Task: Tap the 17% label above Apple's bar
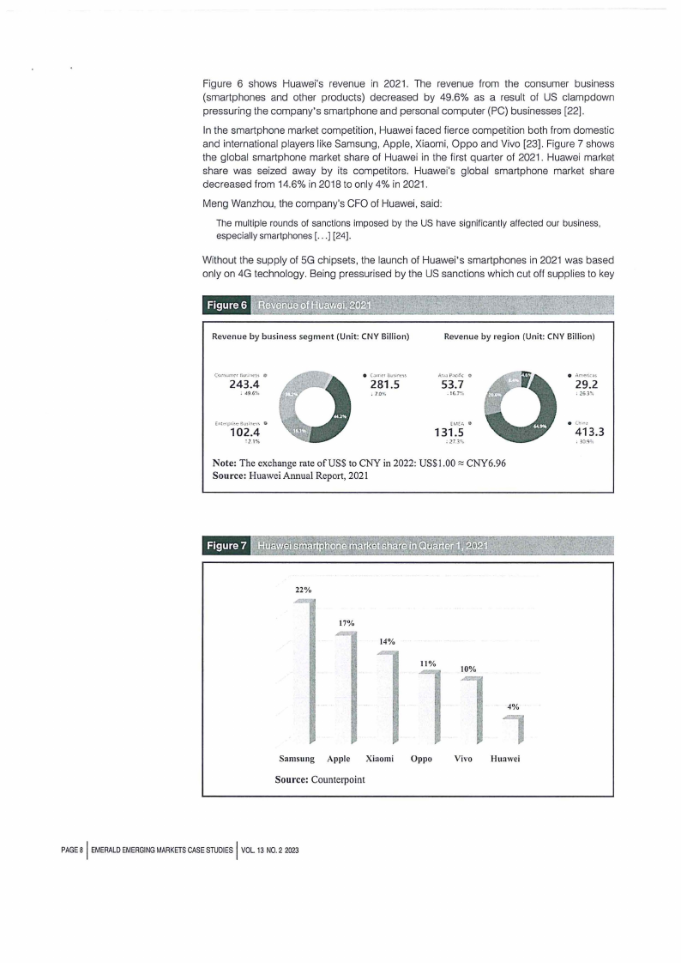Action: click(x=347, y=622)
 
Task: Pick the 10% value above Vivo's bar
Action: click(x=467, y=669)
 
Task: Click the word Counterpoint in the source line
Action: click(x=341, y=780)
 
